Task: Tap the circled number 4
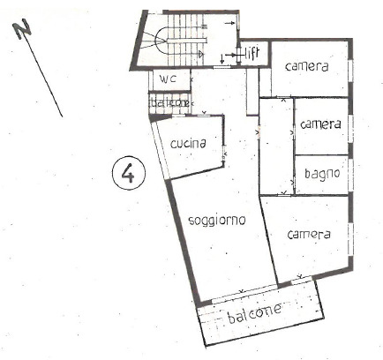click(x=129, y=174)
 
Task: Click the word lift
click(x=252, y=53)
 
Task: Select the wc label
click(x=169, y=79)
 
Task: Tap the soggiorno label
click(x=215, y=220)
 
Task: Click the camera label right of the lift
click(x=306, y=67)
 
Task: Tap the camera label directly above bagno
click(x=319, y=124)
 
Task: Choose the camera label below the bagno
click(x=309, y=235)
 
